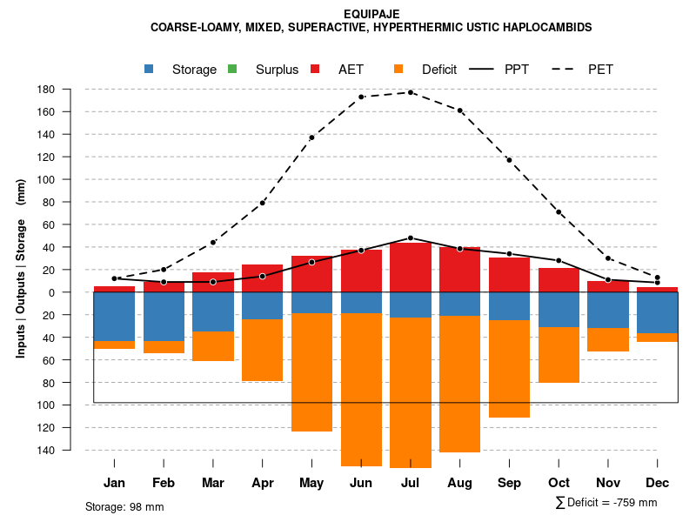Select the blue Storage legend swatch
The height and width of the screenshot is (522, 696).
(x=150, y=70)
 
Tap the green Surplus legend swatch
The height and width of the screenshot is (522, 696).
(x=232, y=70)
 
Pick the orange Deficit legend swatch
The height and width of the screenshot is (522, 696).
(x=399, y=70)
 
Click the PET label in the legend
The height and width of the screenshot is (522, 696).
(x=600, y=70)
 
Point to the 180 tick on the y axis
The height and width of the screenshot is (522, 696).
(x=70, y=89)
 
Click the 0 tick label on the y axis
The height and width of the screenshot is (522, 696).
(x=77, y=292)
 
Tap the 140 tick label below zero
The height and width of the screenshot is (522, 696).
(x=70, y=450)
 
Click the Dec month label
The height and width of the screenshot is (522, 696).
(x=657, y=483)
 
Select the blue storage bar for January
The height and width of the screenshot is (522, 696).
(x=114, y=317)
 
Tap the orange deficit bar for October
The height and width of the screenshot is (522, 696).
(x=559, y=355)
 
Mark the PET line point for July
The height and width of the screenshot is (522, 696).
(x=410, y=92)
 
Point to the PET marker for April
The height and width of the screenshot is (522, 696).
(x=262, y=203)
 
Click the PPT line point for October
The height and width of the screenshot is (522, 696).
(x=559, y=261)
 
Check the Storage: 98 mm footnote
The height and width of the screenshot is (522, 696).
(x=124, y=506)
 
